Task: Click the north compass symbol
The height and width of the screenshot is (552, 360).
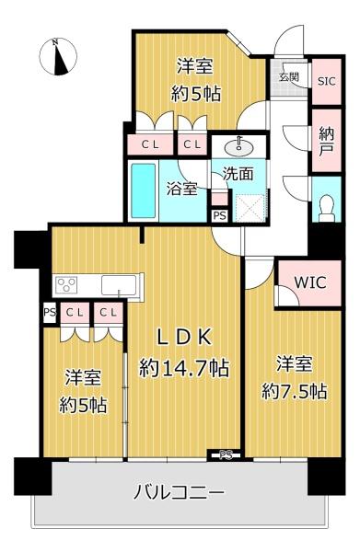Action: point(58,56)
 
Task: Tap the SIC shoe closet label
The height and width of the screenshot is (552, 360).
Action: point(327,81)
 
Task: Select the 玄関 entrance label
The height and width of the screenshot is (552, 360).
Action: point(289,76)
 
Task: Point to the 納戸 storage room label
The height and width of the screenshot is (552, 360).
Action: point(327,141)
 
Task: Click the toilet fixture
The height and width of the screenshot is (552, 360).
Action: point(327,208)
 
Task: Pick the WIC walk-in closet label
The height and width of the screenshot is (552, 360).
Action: point(310,282)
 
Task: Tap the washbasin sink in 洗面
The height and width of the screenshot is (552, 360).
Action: point(238,148)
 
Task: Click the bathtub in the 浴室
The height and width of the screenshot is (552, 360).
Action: point(144,190)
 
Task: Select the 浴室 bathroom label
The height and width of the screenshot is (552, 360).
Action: point(181,189)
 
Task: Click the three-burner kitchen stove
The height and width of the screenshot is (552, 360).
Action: point(67,284)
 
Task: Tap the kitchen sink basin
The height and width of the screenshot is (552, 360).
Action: point(119,285)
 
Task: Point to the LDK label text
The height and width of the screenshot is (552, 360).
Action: point(184,338)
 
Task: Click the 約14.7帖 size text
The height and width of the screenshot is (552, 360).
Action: point(184,368)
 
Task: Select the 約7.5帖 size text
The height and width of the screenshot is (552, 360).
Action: point(294,392)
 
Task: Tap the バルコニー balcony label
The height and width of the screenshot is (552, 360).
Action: point(179,492)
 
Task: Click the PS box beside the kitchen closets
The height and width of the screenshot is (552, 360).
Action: point(50,312)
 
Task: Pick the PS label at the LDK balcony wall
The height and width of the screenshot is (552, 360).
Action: point(226,454)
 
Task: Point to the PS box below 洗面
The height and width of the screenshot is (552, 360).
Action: point(220,215)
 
